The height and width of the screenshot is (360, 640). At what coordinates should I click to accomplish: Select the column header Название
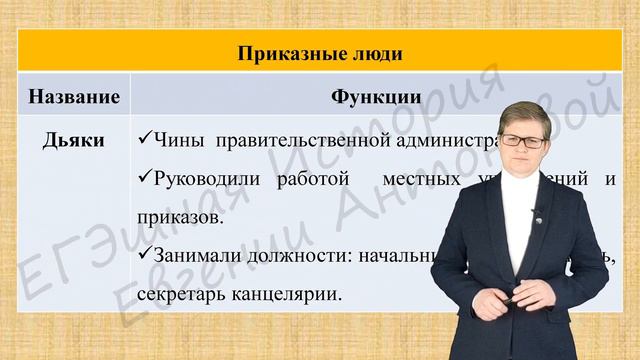click(x=75, y=98)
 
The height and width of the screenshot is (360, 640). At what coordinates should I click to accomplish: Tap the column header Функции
click(x=375, y=98)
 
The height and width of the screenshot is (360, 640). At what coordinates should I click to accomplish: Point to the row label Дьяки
click(x=75, y=141)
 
